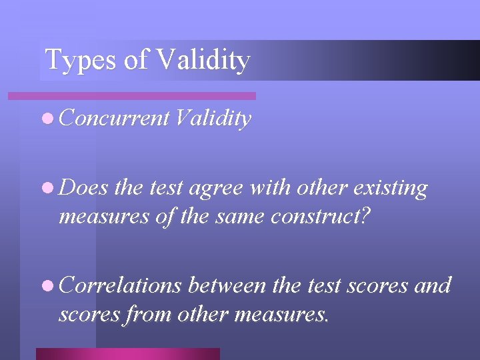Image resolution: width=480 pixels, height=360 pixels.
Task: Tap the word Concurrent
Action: [x=114, y=119]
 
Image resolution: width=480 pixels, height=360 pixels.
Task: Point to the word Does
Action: [x=84, y=189]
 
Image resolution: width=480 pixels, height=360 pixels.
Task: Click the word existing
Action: [x=391, y=189]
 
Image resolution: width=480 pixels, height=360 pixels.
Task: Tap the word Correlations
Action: [x=121, y=286]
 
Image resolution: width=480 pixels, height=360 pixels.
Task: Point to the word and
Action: [x=433, y=286]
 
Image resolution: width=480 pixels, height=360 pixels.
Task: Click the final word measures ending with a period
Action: [x=285, y=313]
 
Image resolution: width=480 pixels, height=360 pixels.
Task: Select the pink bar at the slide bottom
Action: [x=127, y=353]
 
